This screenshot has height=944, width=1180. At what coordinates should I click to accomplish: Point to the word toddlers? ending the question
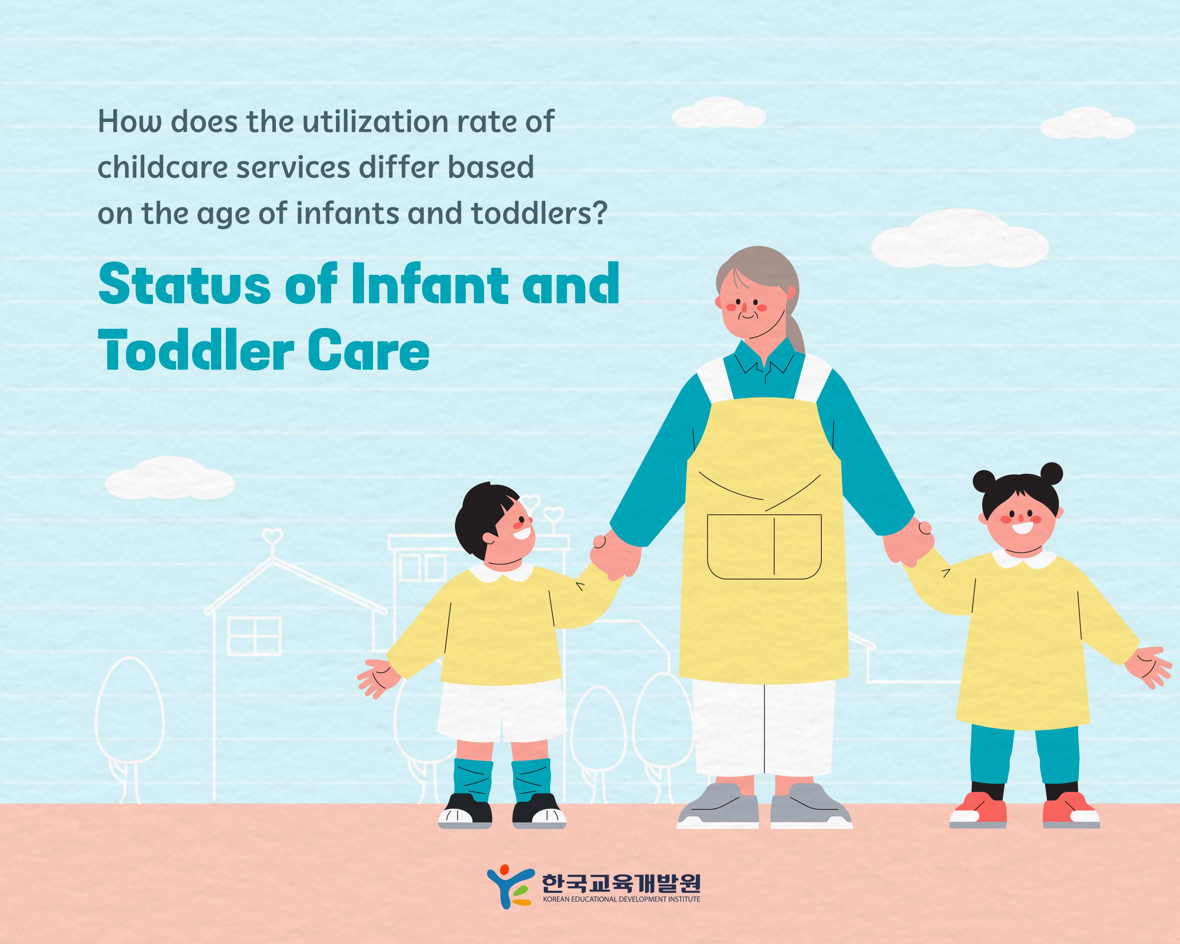point(539,213)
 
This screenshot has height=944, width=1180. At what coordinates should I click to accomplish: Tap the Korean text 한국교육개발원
point(621,882)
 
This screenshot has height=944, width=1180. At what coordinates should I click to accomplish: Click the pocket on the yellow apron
point(764,546)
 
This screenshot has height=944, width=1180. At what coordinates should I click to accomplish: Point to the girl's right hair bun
point(1051,474)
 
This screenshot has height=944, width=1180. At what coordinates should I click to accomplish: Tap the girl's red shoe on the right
point(1070,811)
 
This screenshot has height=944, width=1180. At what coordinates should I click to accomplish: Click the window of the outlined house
point(255,636)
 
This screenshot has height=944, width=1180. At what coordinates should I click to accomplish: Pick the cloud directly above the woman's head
point(719,113)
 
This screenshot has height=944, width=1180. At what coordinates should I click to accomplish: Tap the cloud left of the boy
point(170,478)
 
